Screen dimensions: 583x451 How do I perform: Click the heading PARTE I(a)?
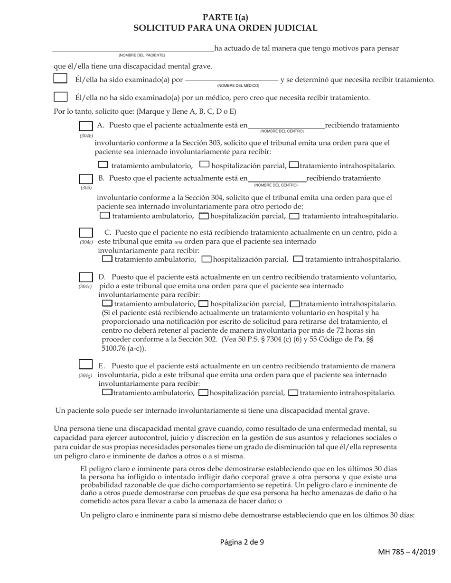pyautogui.click(x=225, y=18)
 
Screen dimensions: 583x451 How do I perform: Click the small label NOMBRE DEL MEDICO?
pyautogui.click(x=238, y=86)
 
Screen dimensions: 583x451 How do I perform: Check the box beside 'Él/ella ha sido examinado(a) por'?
pyautogui.click(x=60, y=79)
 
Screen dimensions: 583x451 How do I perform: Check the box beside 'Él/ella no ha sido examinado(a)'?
pyautogui.click(x=60, y=97)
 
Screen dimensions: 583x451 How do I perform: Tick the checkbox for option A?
pyautogui.click(x=86, y=126)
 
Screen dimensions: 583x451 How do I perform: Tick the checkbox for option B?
pyautogui.click(x=86, y=179)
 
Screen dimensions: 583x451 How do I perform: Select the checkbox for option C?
pyautogui.click(x=86, y=233)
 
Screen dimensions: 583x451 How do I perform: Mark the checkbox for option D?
pyautogui.click(x=86, y=277)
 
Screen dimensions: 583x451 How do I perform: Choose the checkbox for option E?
pyautogui.click(x=86, y=365)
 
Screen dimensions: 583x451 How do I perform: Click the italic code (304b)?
pyautogui.click(x=86, y=136)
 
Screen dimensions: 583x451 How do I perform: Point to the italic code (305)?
pyautogui.click(x=86, y=188)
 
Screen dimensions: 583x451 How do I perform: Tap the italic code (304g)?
pyautogui.click(x=86, y=375)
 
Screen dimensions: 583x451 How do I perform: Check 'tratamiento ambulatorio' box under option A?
pyautogui.click(x=103, y=165)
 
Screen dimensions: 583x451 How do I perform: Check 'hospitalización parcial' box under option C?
pyautogui.click(x=207, y=259)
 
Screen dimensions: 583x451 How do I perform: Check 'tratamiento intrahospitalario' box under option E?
pyautogui.click(x=293, y=392)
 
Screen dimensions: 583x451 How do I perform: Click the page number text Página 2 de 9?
pyautogui.click(x=242, y=542)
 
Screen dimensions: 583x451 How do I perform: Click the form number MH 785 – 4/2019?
pyautogui.click(x=406, y=552)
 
